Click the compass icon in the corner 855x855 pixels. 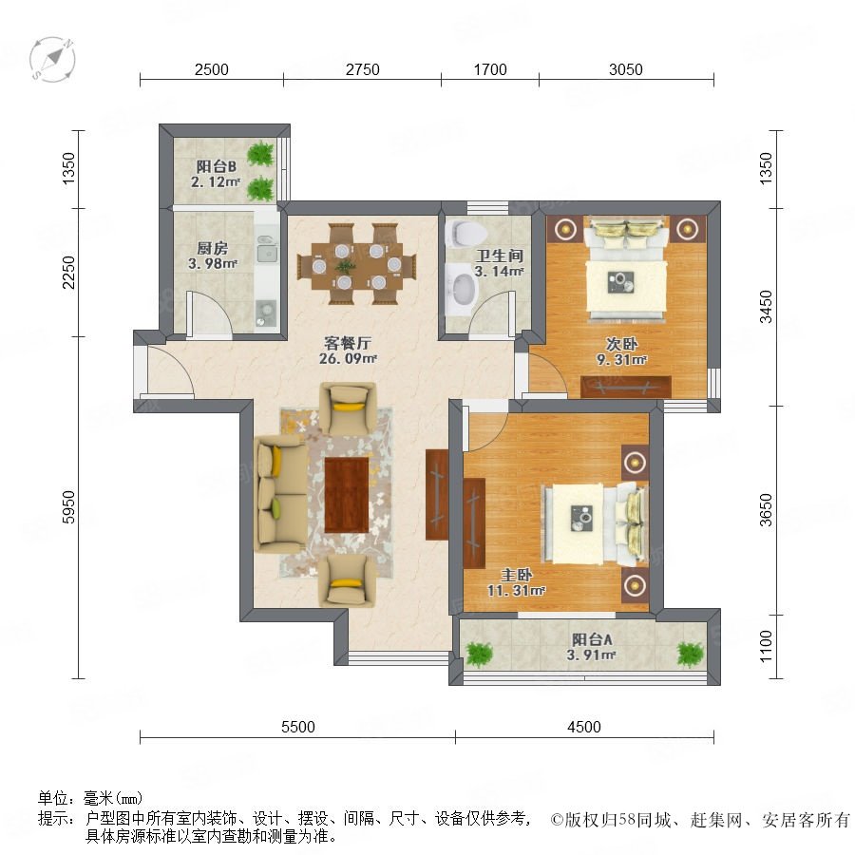[52, 59]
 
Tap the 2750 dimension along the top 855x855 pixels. [363, 69]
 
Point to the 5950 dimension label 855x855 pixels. [68, 507]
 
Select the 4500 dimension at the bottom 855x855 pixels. [584, 727]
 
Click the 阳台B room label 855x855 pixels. [216, 165]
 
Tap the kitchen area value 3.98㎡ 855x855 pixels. [213, 264]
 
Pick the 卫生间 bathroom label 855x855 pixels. [500, 256]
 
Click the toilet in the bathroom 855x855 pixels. [465, 234]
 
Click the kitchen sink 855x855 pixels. [267, 250]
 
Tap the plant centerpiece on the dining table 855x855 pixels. [345, 267]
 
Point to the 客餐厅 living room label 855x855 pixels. [348, 343]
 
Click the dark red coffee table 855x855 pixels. [347, 495]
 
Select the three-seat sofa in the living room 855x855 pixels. [280, 494]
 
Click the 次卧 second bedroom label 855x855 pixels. [621, 344]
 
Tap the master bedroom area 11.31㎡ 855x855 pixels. [516, 590]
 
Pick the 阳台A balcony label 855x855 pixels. [592, 639]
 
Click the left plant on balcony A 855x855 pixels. [480, 654]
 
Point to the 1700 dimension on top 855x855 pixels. [490, 69]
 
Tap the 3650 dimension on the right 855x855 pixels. [766, 510]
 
